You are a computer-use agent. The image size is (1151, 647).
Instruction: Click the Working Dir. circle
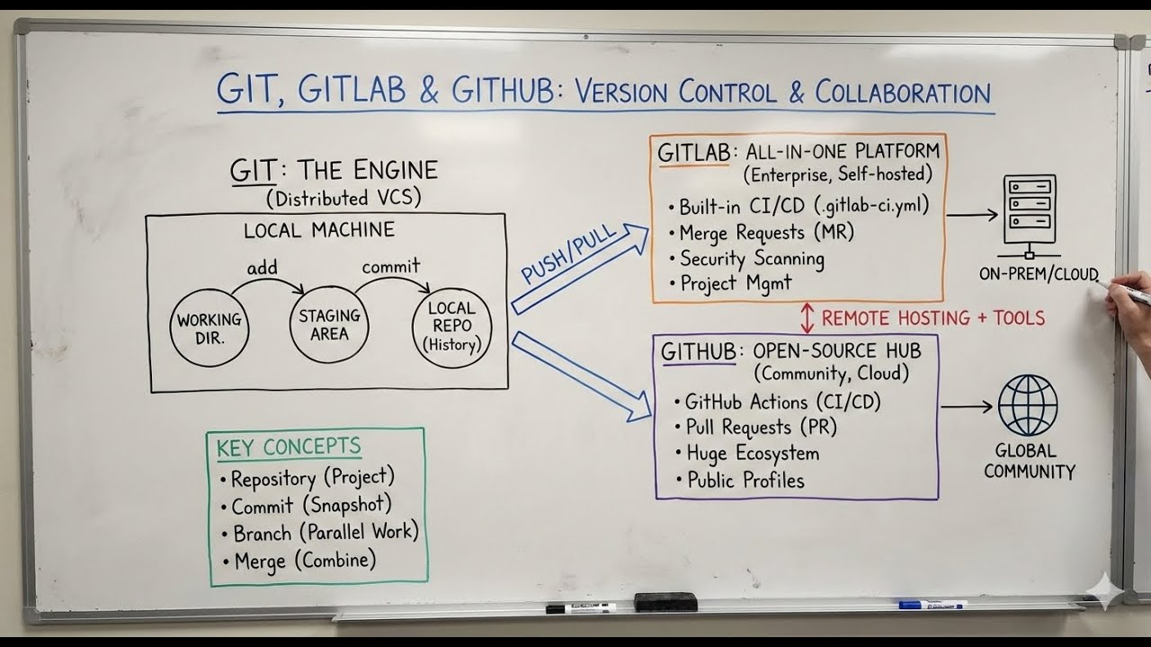pos(209,328)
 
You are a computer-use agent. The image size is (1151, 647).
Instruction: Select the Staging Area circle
pos(329,324)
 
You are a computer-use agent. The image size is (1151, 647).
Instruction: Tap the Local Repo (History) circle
pos(451,327)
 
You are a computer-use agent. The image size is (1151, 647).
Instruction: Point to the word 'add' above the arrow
pos(263,268)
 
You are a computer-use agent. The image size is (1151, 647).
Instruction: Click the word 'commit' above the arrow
pos(390,267)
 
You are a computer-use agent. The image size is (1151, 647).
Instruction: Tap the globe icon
pos(1027,405)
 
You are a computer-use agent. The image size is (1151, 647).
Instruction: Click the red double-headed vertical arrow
pos(807,318)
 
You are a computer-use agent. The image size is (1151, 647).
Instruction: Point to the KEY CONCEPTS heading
pos(289,447)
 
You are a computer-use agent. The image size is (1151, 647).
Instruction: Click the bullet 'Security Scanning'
pos(751,259)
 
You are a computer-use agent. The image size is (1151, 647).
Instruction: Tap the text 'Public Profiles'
pos(745,481)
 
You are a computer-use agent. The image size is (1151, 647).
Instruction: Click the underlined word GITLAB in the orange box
pos(693,154)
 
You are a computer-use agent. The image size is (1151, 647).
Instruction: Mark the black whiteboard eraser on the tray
pos(665,602)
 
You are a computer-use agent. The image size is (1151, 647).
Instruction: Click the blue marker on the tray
pos(932,605)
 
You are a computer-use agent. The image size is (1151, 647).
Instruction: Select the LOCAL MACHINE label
pos(318,230)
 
